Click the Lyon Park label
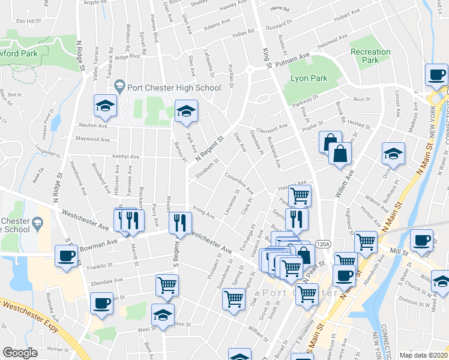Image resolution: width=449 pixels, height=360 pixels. tap(307, 79)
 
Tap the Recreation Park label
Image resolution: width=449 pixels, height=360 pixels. tap(370, 56)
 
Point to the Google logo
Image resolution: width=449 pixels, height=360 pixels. tap(20, 353)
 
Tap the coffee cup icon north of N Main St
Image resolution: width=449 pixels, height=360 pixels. tap(436, 76)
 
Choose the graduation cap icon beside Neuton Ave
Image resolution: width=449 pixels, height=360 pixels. tap(105, 106)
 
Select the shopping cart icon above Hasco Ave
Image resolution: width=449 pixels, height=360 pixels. tap(300, 195)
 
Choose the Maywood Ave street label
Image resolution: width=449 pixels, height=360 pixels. tap(92, 139)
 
